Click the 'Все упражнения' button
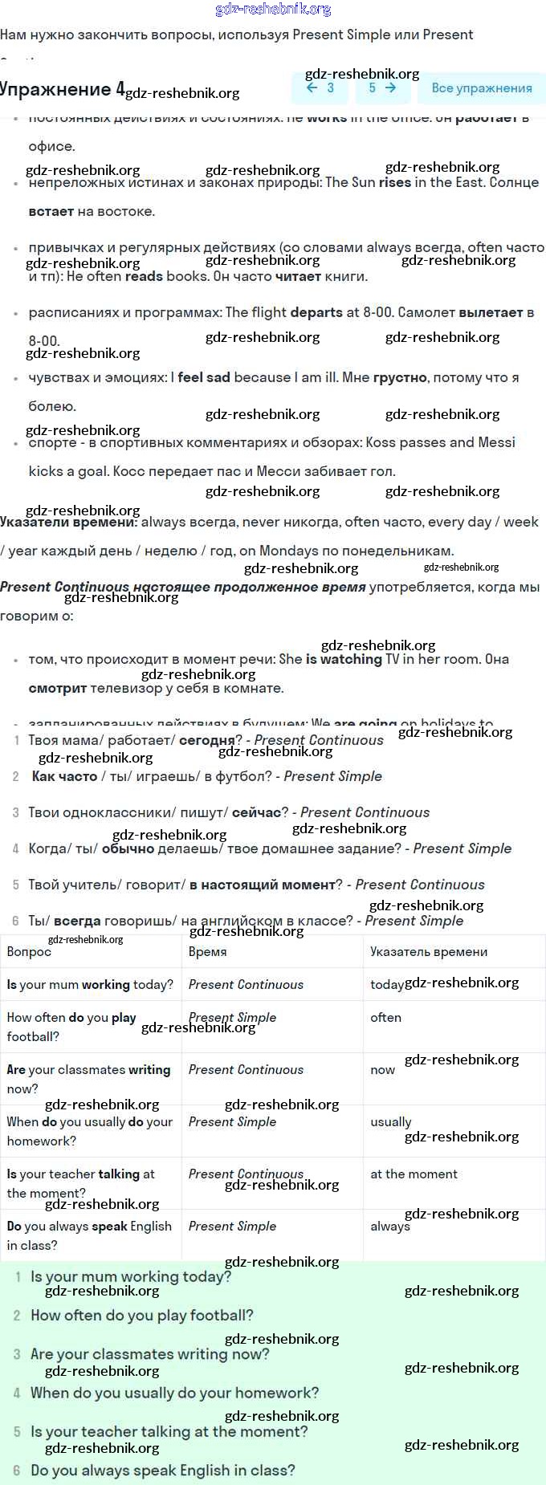click(482, 88)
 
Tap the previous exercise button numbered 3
click(320, 88)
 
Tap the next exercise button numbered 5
click(382, 88)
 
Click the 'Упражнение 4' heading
click(63, 89)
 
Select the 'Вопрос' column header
click(29, 951)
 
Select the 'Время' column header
click(207, 951)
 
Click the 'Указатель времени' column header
click(429, 951)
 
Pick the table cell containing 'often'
click(385, 1017)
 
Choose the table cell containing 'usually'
click(390, 1121)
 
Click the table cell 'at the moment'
click(414, 1174)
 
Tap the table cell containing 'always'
click(390, 1227)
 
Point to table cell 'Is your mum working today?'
click(90, 984)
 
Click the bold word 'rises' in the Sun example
click(395, 182)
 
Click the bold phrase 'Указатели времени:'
click(69, 522)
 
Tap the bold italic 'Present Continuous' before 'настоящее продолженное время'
click(64, 587)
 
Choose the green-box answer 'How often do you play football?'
click(141, 1315)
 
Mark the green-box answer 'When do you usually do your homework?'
click(174, 1393)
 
